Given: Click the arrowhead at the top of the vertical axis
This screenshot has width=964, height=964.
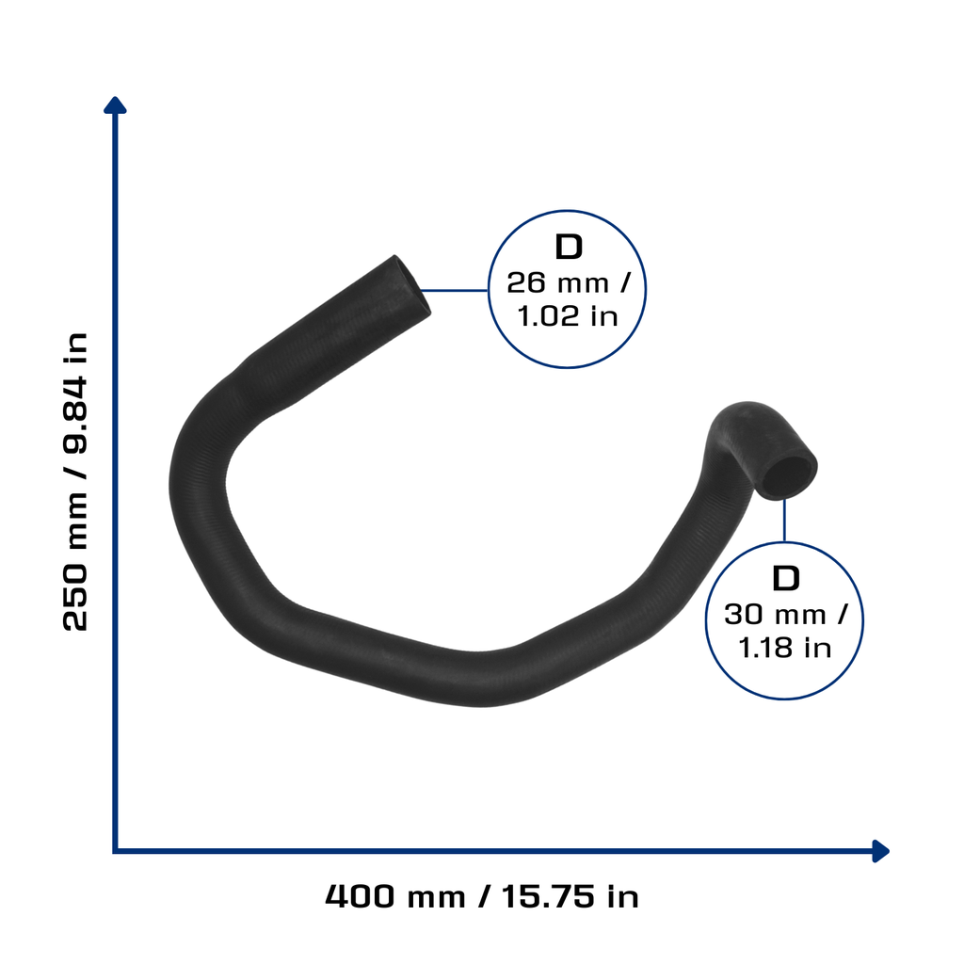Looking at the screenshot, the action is (x=115, y=105).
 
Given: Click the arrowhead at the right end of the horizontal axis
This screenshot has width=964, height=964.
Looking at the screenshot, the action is (x=880, y=851).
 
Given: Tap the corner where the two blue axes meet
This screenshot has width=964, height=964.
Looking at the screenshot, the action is (x=115, y=851).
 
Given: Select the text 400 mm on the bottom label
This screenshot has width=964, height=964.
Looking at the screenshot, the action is (x=394, y=896).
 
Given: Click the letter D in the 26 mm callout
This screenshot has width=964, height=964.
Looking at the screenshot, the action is (x=568, y=248).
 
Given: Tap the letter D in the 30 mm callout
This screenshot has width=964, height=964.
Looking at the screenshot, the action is (x=786, y=579).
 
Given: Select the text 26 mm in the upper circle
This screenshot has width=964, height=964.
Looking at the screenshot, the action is (x=557, y=282).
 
